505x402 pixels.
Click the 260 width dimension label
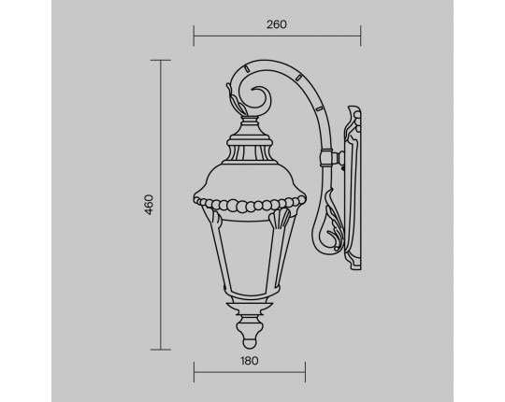pos(276,24)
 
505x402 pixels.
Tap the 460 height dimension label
pos(149,205)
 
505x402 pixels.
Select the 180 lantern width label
pos(250,361)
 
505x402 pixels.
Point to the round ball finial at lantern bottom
pos(250,343)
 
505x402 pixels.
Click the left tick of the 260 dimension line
pos(194,36)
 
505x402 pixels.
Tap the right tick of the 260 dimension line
pos(360,36)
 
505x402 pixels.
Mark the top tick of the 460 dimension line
pos(161,60)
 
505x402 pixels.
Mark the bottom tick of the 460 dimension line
pos(161,350)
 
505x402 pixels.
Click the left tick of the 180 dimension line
pos(194,372)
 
